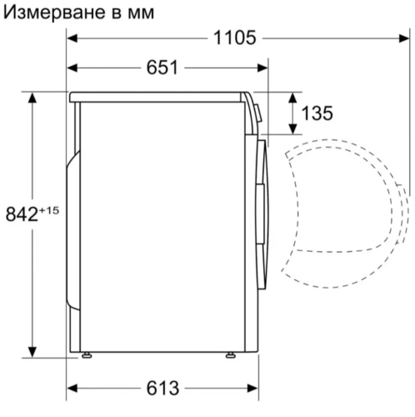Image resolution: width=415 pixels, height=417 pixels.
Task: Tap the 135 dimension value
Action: coord(318,113)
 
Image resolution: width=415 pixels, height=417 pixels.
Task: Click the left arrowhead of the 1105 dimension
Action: coord(72,38)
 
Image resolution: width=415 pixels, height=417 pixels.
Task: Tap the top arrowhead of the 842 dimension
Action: coord(33,97)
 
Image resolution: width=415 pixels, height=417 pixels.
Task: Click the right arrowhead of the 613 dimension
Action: coord(251,388)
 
